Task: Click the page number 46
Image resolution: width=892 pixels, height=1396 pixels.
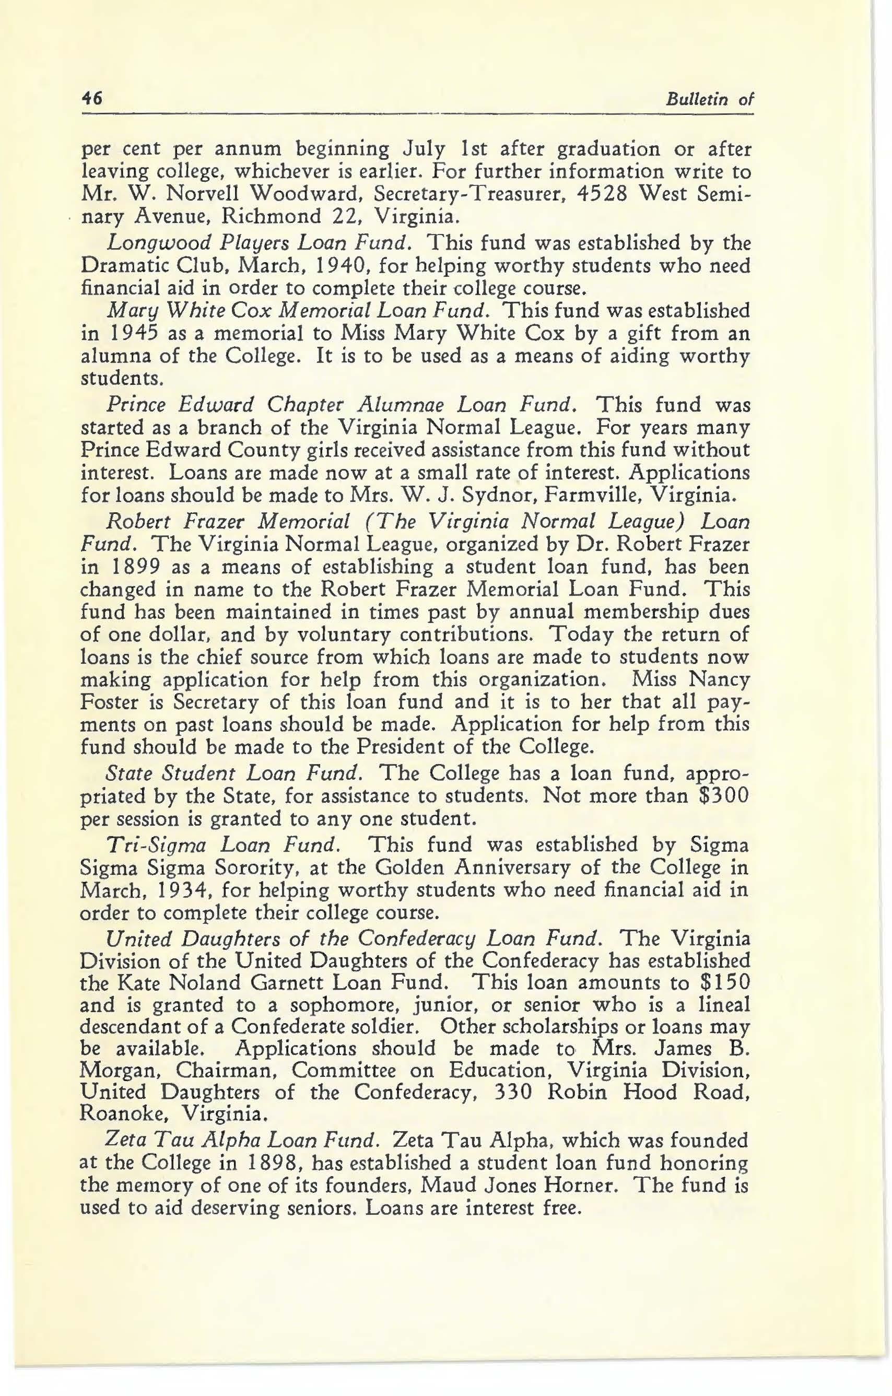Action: click(91, 99)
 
